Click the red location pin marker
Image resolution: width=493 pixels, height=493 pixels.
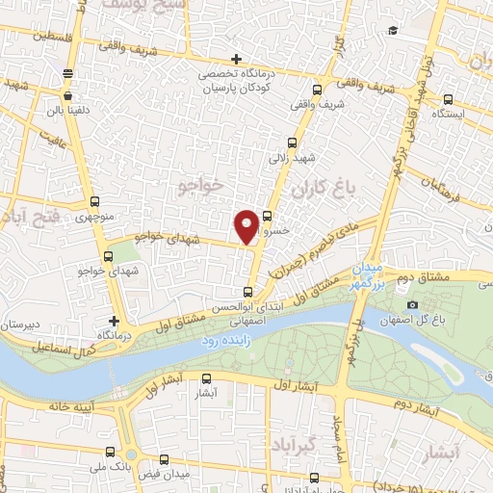246,225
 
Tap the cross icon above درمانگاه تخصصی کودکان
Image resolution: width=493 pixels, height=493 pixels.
237,60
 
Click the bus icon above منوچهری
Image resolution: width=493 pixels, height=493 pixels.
93,202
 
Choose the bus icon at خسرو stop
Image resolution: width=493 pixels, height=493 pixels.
267,216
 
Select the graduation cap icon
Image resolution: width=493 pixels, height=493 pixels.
392,32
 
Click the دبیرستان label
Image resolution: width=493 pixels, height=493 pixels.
20,325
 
